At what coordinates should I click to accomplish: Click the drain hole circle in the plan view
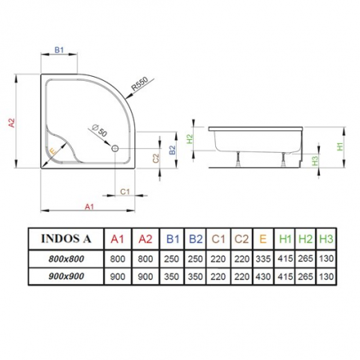115,148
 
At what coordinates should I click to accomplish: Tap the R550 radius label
140,84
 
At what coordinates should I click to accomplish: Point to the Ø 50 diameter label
99,130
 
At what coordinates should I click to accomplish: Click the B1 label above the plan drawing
59,50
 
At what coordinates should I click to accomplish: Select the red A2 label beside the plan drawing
11,122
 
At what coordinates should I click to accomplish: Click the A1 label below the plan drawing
90,206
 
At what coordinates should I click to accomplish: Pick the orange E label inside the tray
53,152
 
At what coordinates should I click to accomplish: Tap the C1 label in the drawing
125,191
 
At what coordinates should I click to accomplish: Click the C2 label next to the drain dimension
156,158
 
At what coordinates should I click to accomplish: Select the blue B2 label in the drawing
173,150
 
